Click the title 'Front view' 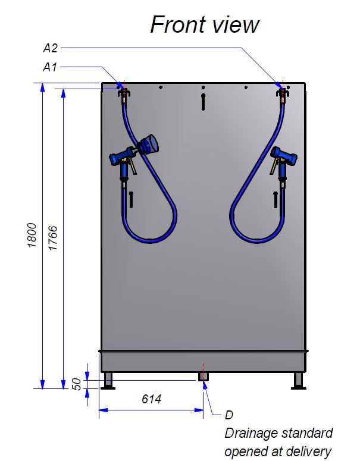tap(205, 25)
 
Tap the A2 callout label tap(51, 48)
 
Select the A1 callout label tap(50, 67)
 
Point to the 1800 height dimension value tap(32, 235)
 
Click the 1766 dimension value tap(52, 238)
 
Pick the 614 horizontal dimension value tap(151, 399)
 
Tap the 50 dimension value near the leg tap(76, 384)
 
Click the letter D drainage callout tap(229, 415)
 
